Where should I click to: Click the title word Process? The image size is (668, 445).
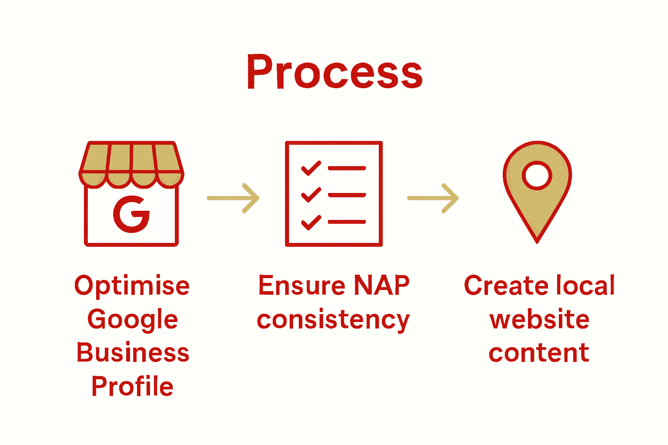(x=334, y=73)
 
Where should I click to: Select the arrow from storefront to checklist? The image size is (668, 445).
(x=234, y=198)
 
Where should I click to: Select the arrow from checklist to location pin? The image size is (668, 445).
(x=433, y=198)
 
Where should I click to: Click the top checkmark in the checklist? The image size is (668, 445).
(x=311, y=168)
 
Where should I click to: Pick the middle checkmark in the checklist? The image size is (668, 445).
(x=311, y=195)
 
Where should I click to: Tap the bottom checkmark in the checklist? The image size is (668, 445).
(x=311, y=222)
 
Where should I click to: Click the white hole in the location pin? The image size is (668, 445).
(x=537, y=176)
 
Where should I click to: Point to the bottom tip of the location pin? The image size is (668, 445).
(x=537, y=240)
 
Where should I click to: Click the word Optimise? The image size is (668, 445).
(x=132, y=286)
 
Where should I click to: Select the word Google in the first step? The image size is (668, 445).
(x=133, y=320)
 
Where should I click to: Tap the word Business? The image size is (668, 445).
(x=133, y=352)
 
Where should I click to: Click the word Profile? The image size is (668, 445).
(x=132, y=386)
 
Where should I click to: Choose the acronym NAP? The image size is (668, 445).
(x=381, y=286)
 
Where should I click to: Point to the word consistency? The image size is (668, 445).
(x=333, y=320)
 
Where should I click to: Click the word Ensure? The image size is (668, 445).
(x=302, y=286)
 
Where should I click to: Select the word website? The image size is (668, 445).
(x=539, y=319)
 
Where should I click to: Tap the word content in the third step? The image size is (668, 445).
(x=539, y=353)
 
